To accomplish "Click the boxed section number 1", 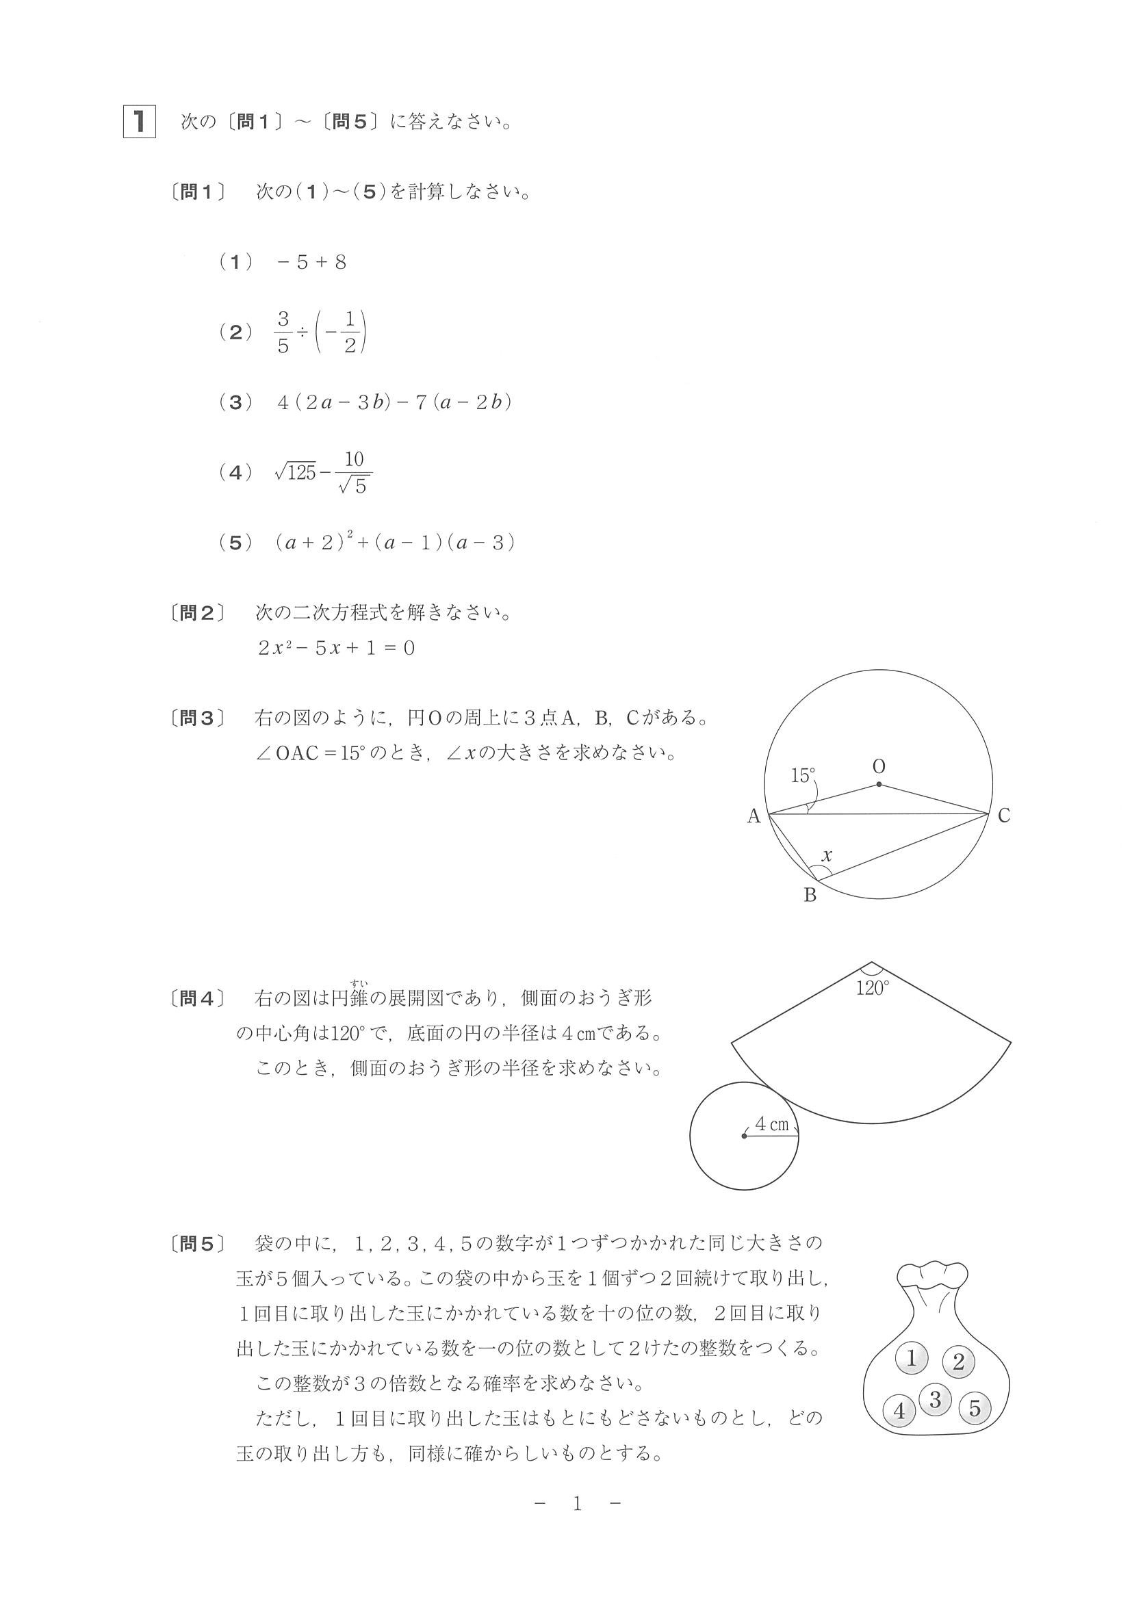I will point(140,121).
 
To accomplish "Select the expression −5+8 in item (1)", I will point(312,262).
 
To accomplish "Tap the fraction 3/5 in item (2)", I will point(283,333).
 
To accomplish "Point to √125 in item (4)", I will point(296,473).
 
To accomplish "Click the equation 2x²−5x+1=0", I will point(336,648).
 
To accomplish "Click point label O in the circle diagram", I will point(879,766).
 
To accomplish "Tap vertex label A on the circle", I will point(754,816).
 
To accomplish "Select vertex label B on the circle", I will point(810,896).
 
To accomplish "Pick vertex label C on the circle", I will point(1003,816).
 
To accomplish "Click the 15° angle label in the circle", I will point(803,775).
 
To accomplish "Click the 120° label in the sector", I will point(872,988).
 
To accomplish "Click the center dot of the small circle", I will point(744,1136).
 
